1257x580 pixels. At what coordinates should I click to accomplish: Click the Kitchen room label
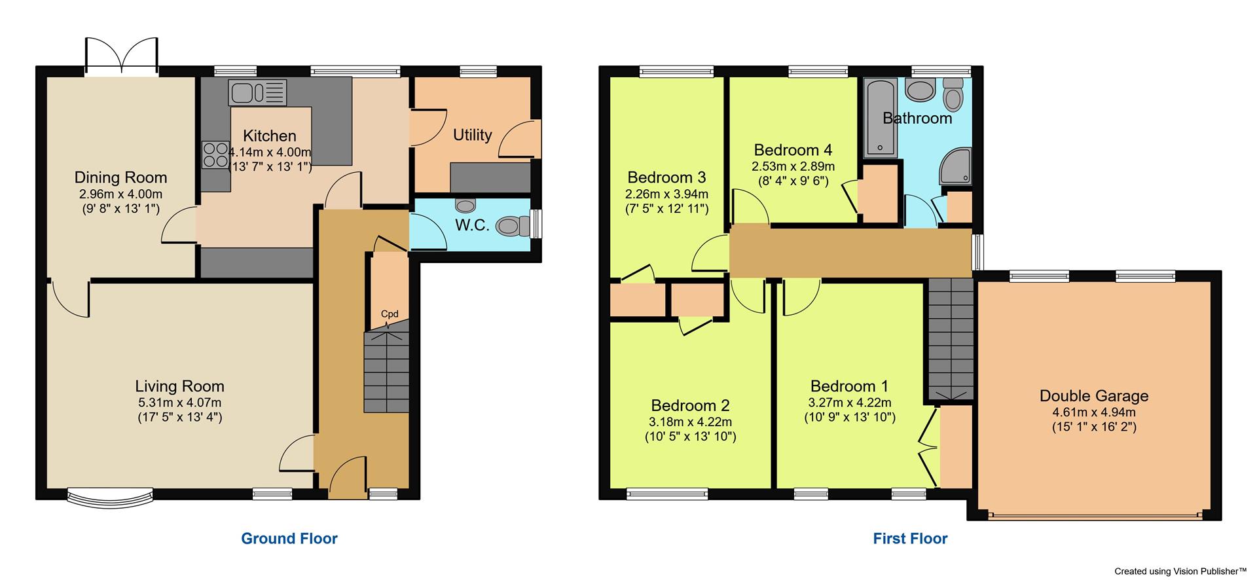point(269,136)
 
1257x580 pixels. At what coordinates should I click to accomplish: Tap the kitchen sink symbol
point(258,92)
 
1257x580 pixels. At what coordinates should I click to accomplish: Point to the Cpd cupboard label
point(390,314)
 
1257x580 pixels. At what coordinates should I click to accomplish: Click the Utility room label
point(472,135)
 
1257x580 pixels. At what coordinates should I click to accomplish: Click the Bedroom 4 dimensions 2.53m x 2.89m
point(793,166)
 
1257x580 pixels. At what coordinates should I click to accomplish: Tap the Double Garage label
point(1093,396)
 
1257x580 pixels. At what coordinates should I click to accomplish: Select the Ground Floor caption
point(289,539)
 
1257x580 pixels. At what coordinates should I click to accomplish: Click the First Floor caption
point(910,539)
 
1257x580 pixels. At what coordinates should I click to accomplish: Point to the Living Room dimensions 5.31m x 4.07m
point(179,403)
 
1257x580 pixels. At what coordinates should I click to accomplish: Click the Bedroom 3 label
point(666,177)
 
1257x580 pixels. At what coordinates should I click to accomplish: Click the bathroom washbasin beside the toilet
point(922,91)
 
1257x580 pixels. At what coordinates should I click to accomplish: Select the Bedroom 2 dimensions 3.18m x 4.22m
point(690,422)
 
